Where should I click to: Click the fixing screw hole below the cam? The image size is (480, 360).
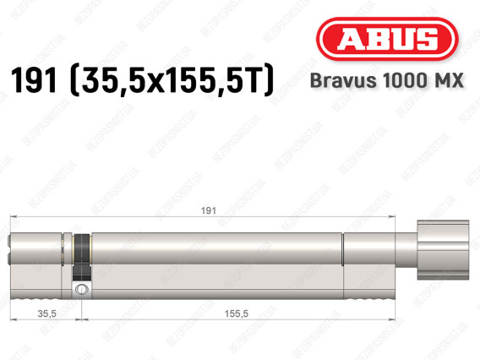click(x=81, y=290)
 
